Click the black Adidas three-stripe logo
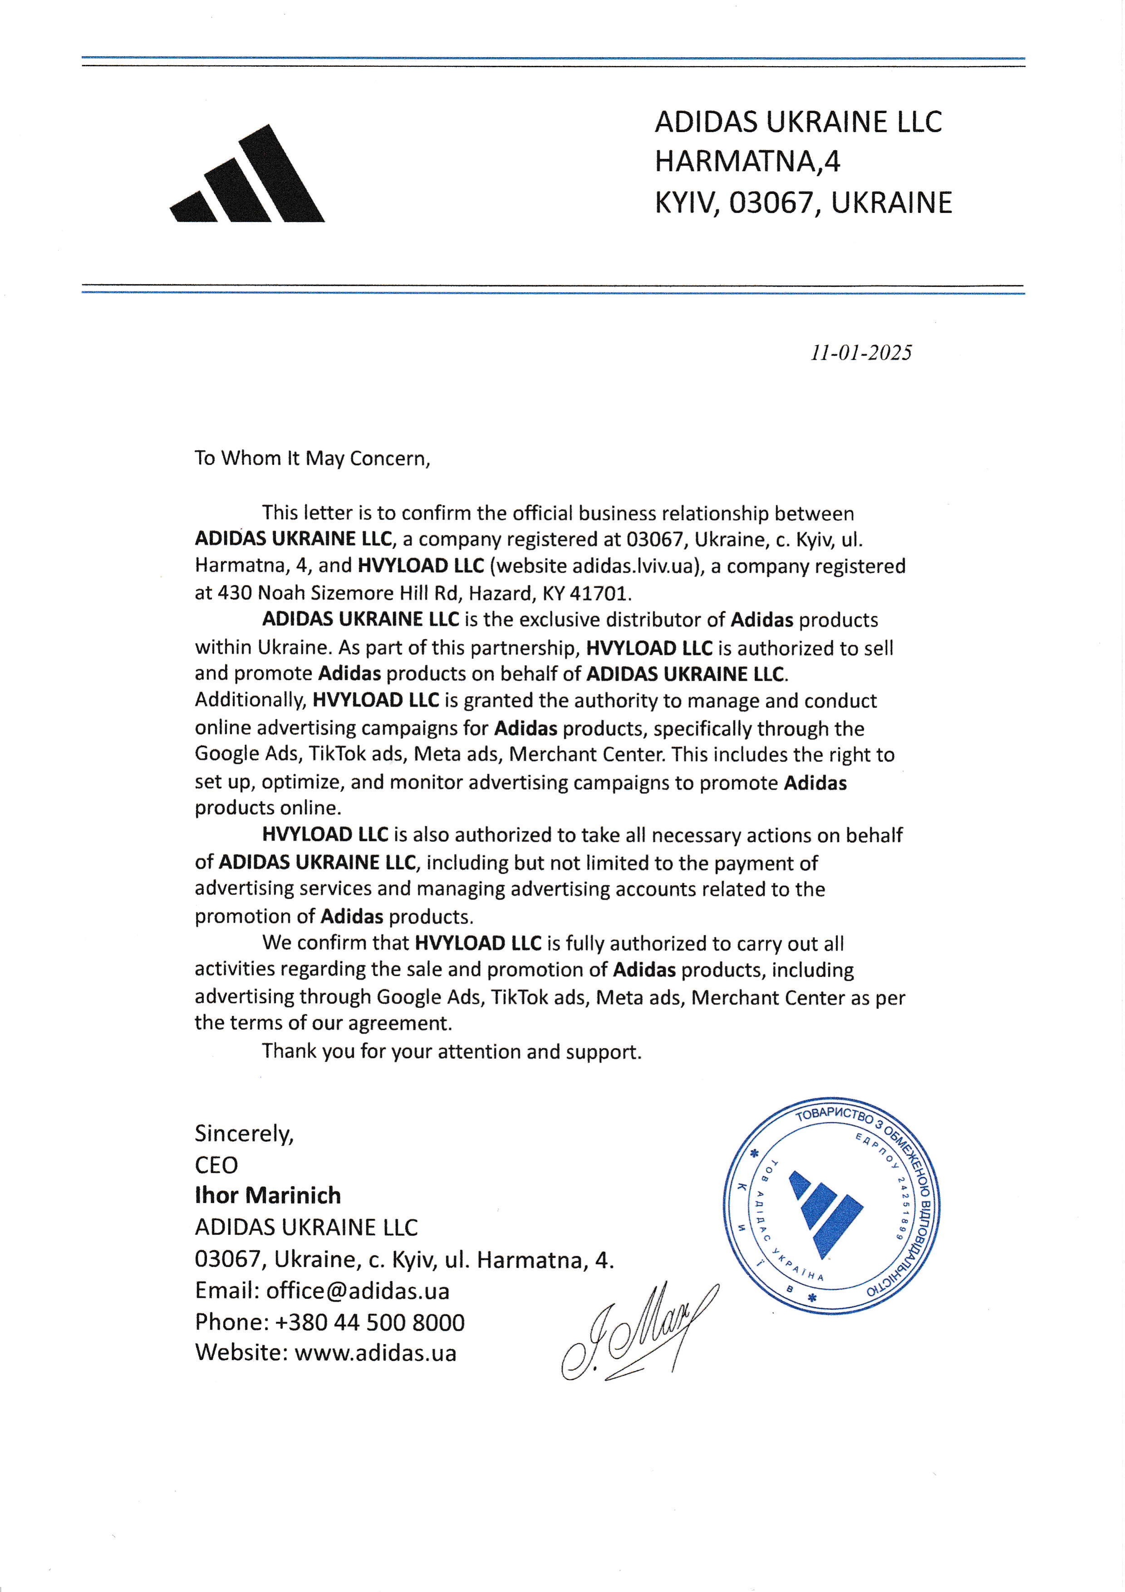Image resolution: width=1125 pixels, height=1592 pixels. click(x=248, y=177)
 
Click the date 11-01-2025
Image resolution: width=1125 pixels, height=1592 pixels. click(x=861, y=353)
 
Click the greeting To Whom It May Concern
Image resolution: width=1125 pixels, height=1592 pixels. click(x=312, y=459)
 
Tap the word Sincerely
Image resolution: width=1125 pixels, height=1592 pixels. click(x=244, y=1133)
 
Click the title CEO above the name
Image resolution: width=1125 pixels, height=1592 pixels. click(x=216, y=1165)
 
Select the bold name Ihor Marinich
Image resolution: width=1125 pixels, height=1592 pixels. click(x=268, y=1195)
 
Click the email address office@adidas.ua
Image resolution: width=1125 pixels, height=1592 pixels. click(x=357, y=1290)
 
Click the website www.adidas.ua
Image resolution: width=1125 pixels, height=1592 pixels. click(x=375, y=1353)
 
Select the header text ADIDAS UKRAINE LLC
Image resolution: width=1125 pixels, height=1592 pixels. click(x=798, y=122)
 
